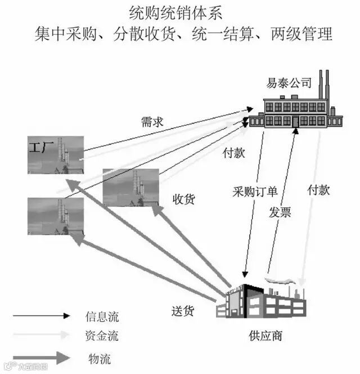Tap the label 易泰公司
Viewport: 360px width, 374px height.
click(x=289, y=83)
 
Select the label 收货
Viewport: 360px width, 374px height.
click(x=183, y=199)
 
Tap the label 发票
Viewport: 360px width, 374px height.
click(x=280, y=212)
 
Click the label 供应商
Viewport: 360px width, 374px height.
click(x=265, y=336)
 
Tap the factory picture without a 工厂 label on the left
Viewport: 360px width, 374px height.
click(x=56, y=216)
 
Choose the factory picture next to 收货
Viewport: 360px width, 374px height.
click(x=130, y=188)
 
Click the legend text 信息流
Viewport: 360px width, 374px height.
click(x=102, y=317)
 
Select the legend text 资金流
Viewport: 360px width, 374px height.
click(x=102, y=337)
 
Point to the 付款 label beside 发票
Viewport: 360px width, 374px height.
click(x=318, y=190)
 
